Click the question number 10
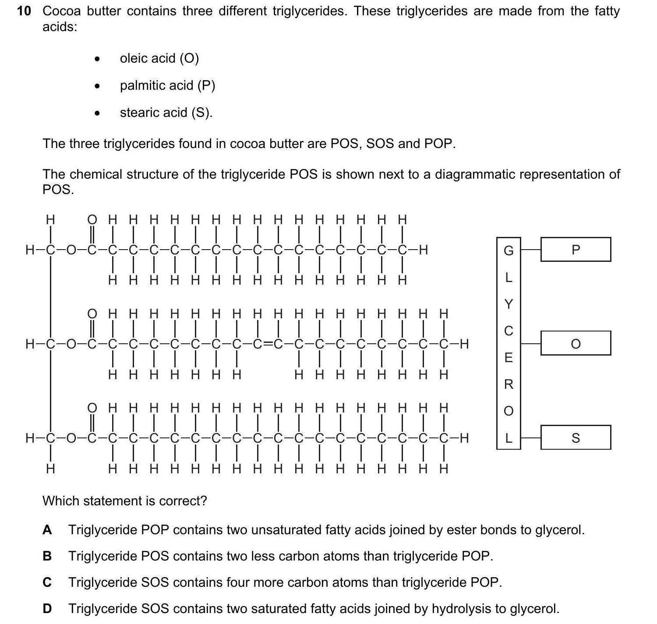pos(24,11)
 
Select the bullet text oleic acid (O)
pos(159,58)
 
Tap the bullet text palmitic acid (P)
pos(167,85)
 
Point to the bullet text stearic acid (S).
pos(166,113)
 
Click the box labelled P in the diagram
pos(575,250)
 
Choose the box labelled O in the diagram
pos(575,343)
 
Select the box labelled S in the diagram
pos(575,437)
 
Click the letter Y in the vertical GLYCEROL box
pos(508,304)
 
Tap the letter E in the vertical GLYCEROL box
pos(508,358)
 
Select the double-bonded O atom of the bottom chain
pos(92,408)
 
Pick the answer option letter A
pos(47,530)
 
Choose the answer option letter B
pos(47,556)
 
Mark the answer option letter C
pos(47,582)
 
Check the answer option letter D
pos(47,609)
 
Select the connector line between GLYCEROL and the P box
pos(530,250)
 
